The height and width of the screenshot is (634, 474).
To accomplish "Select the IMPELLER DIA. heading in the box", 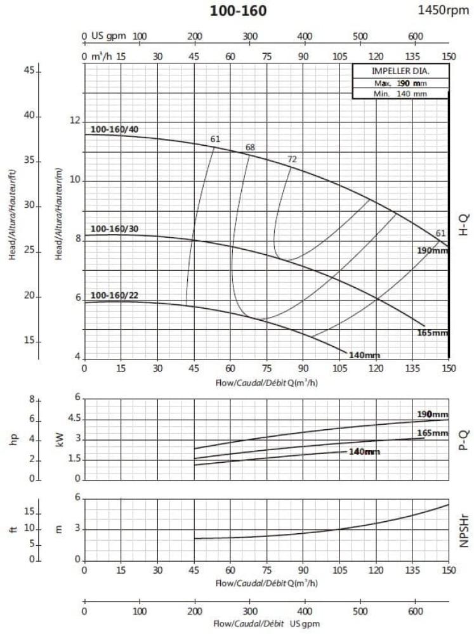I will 400,71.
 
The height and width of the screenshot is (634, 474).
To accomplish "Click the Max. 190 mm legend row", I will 400,83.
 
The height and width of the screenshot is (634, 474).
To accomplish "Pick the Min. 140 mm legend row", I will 400,93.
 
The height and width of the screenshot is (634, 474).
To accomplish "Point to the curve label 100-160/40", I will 114,129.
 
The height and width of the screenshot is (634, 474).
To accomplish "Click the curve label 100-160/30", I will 114,229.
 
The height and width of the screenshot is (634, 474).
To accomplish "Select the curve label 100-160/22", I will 114,295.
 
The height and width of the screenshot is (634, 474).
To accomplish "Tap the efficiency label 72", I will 292,159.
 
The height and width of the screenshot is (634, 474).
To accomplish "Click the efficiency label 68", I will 250,148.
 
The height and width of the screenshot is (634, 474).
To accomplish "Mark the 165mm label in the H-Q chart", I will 432,333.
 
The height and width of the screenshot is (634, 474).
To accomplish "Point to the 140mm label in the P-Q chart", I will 364,451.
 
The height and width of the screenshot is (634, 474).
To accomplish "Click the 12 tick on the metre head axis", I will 75,121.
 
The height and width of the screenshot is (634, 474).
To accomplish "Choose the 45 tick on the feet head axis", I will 29,71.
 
